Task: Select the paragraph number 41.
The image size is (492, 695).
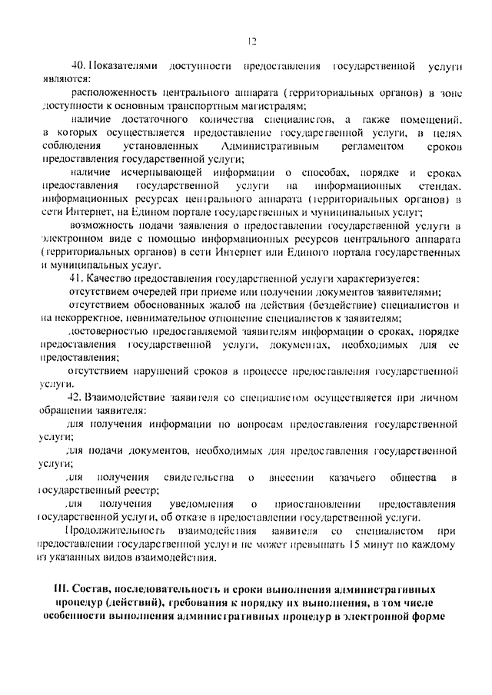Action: coord(76,278)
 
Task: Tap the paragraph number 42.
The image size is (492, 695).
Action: coord(76,397)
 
